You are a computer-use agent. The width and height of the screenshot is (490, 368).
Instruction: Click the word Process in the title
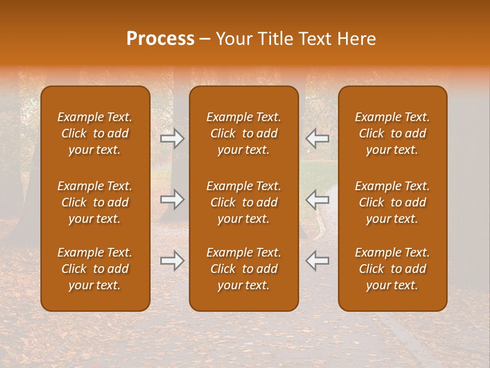point(160,39)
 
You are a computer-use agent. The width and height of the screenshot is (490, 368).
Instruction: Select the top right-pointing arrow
point(173,139)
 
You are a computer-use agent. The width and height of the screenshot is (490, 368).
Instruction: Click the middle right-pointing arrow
point(173,199)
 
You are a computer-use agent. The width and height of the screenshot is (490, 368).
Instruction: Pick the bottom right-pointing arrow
point(173,261)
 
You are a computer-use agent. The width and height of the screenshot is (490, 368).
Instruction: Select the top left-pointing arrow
point(317,139)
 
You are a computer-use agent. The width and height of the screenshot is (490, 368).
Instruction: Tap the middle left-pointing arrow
point(317,199)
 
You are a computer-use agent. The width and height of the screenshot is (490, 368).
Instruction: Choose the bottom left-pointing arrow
point(317,261)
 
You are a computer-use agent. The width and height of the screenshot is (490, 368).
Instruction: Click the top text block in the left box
point(95,133)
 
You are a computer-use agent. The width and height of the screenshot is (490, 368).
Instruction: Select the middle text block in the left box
point(95,202)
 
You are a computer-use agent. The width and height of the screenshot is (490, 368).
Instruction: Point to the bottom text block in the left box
point(95,269)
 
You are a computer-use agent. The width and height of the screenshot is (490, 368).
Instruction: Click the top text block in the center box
point(243,133)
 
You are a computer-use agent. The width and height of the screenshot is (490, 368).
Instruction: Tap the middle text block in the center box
point(243,202)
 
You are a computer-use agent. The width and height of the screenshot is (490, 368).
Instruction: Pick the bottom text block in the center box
point(243,269)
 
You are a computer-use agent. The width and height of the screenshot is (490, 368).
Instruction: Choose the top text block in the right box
point(392,133)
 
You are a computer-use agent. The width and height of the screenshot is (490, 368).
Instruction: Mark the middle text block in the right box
point(392,202)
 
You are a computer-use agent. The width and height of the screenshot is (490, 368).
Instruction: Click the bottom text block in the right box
point(392,269)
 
